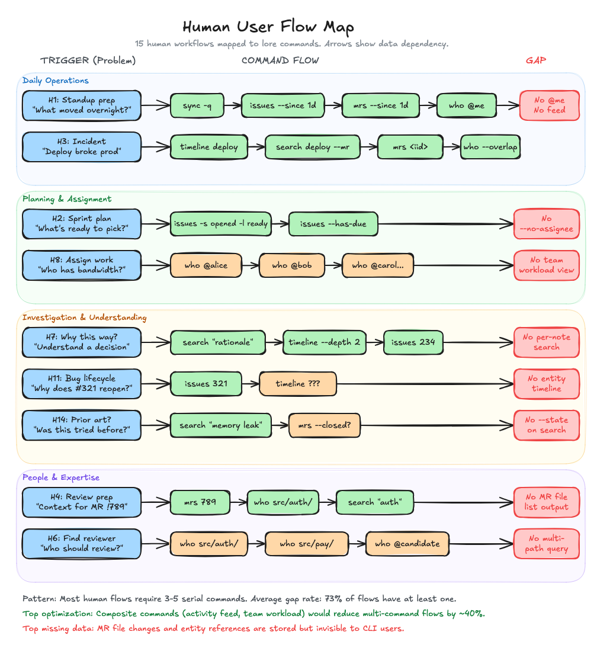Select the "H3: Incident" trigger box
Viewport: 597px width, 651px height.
tap(82, 146)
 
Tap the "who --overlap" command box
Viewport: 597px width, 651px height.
tap(490, 147)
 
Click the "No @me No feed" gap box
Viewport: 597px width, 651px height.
tap(549, 105)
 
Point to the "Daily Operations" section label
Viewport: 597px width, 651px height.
tap(56, 81)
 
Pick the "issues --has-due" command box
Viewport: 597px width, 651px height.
tap(333, 224)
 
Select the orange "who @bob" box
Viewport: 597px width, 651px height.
tap(292, 265)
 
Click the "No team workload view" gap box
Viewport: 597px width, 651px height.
tap(546, 265)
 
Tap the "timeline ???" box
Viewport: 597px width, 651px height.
tap(298, 384)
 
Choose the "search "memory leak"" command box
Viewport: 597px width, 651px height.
tap(220, 425)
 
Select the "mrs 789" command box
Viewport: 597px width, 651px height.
tap(200, 502)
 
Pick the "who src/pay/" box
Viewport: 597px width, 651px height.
tap(306, 544)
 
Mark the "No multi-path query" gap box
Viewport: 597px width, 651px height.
tap(546, 543)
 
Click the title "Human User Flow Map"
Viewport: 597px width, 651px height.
tap(268, 27)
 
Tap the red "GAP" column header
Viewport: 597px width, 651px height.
tap(536, 60)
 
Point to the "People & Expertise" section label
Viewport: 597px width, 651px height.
tap(61, 477)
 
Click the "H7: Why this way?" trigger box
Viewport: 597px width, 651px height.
tap(82, 342)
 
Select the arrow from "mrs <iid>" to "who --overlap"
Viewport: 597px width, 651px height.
tap(448, 147)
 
